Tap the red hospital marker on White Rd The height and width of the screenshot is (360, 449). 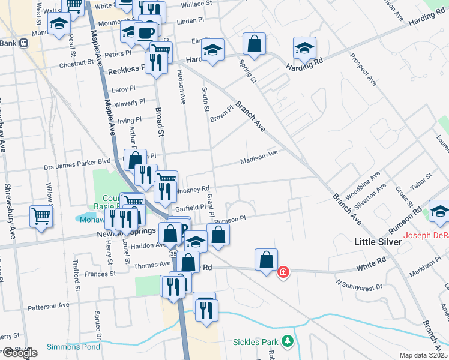coord(283,272)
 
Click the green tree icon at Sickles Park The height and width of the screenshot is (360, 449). coord(288,341)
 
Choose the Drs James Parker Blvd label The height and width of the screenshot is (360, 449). coord(77,161)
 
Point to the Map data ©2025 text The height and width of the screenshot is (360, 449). coord(423,355)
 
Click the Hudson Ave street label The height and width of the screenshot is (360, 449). coord(181,86)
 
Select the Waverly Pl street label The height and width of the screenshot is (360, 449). coord(127,103)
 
